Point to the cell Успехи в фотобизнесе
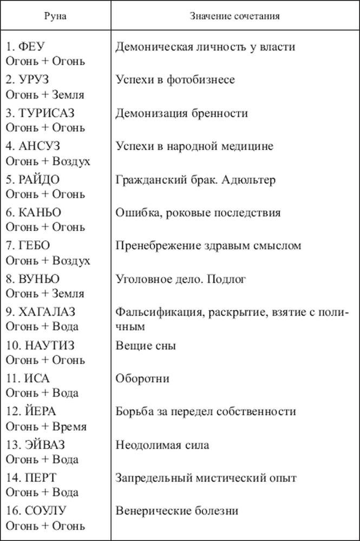click(x=175, y=80)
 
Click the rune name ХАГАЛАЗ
click(x=46, y=312)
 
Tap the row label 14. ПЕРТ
click(x=31, y=478)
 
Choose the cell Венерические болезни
click(x=177, y=511)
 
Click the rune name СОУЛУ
click(x=46, y=511)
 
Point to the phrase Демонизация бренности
click(x=181, y=113)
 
